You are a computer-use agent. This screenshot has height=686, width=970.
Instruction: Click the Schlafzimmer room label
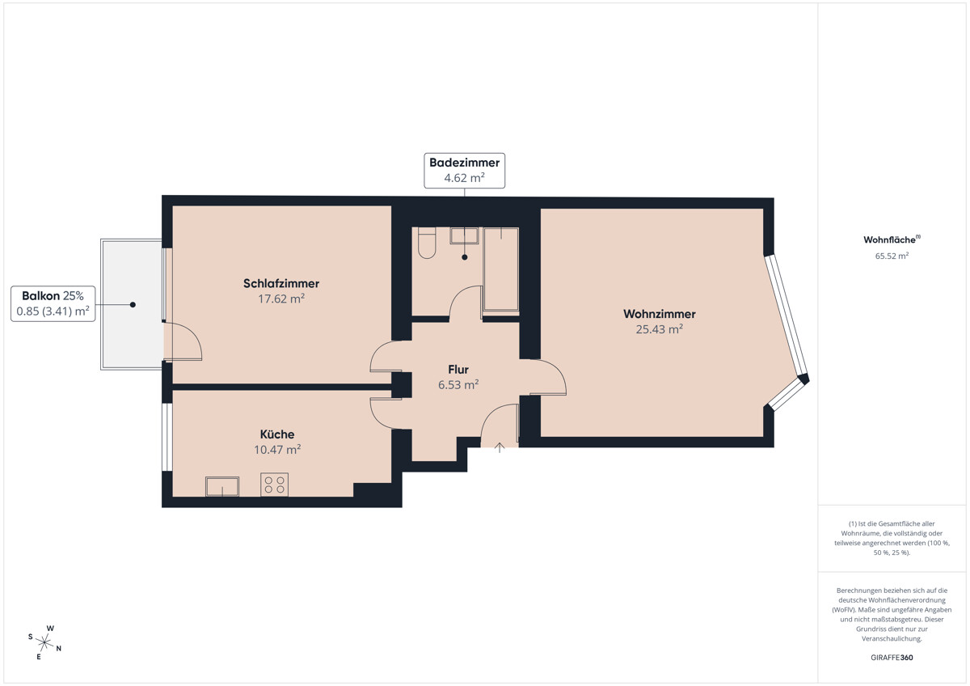click(x=281, y=283)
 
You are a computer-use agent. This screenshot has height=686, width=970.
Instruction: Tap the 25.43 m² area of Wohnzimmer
click(x=659, y=329)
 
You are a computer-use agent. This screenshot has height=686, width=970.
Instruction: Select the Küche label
click(x=277, y=434)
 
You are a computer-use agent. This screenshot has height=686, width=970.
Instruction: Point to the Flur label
click(x=458, y=370)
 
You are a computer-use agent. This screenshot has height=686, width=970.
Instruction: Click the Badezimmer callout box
click(x=464, y=171)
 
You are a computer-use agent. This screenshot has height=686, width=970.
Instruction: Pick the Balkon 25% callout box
click(x=53, y=303)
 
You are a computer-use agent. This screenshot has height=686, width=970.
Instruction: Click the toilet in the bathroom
click(x=427, y=243)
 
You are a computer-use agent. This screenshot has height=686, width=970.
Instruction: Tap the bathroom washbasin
click(x=464, y=235)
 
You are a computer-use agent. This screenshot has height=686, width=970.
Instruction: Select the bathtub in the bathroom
click(x=501, y=269)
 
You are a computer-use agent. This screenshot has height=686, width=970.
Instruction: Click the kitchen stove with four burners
click(x=274, y=485)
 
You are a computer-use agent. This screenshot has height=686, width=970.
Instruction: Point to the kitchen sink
click(x=222, y=486)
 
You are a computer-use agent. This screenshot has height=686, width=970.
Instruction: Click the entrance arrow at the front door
click(x=500, y=448)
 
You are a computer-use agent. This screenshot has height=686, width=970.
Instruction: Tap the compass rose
click(x=44, y=642)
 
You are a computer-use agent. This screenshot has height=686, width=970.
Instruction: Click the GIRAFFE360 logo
click(x=892, y=658)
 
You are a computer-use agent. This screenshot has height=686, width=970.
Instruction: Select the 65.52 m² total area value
click(x=892, y=256)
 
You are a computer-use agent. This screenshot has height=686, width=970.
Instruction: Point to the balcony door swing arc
click(x=191, y=335)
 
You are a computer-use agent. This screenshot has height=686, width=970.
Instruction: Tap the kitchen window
click(x=167, y=437)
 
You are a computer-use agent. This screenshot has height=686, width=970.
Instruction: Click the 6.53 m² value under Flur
click(x=458, y=385)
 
